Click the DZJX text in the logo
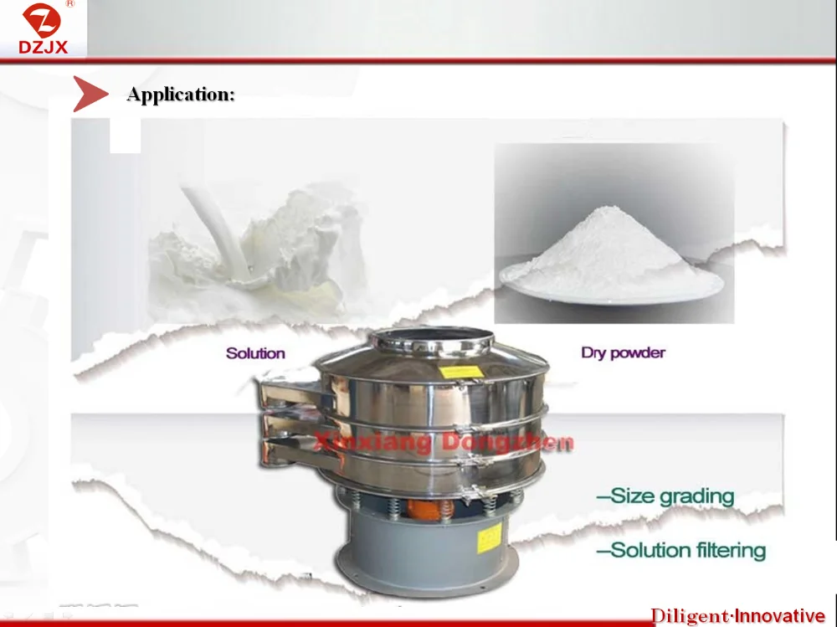pyautogui.click(x=44, y=47)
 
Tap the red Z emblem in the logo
pyautogui.click(x=42, y=20)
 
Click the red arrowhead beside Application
pyautogui.click(x=90, y=94)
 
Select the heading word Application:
pyautogui.click(x=181, y=95)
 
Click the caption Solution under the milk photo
pyautogui.click(x=255, y=353)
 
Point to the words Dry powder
pyautogui.click(x=623, y=352)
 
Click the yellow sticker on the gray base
pyautogui.click(x=490, y=537)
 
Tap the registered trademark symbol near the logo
pyautogui.click(x=70, y=3)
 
